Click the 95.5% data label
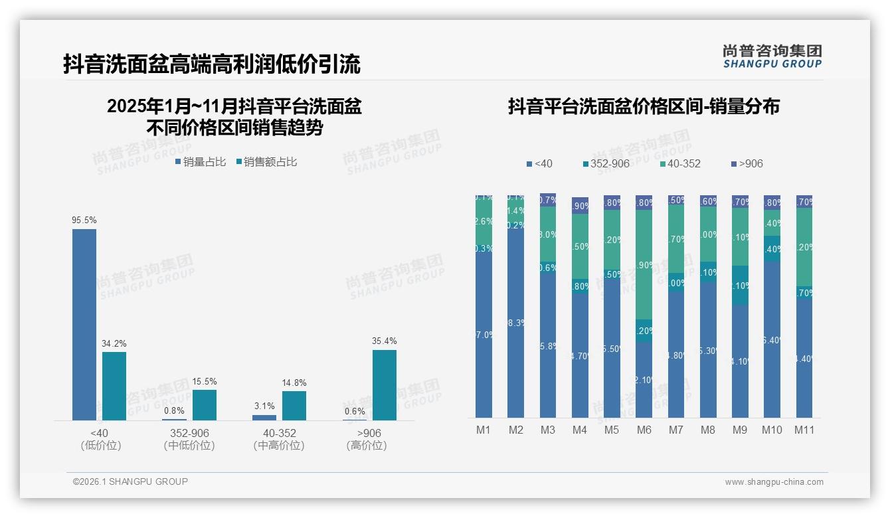pos(84,220)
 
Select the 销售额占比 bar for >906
pos(384,385)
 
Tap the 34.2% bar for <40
pos(114,386)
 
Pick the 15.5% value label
pos(205,382)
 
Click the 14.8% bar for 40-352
pos(294,405)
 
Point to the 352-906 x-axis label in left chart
pos(189,433)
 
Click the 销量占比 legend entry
pos(201,161)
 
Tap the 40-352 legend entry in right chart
pos(680,163)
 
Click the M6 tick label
pos(644,430)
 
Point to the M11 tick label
pos(804,430)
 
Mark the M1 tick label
pos(484,430)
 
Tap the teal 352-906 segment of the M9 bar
pos(740,286)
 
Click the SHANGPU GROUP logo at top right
pos(772,56)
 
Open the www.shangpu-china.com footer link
pos(774,482)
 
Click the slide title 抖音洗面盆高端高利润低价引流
pos(212,64)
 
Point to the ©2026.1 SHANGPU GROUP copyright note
pos(130,481)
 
